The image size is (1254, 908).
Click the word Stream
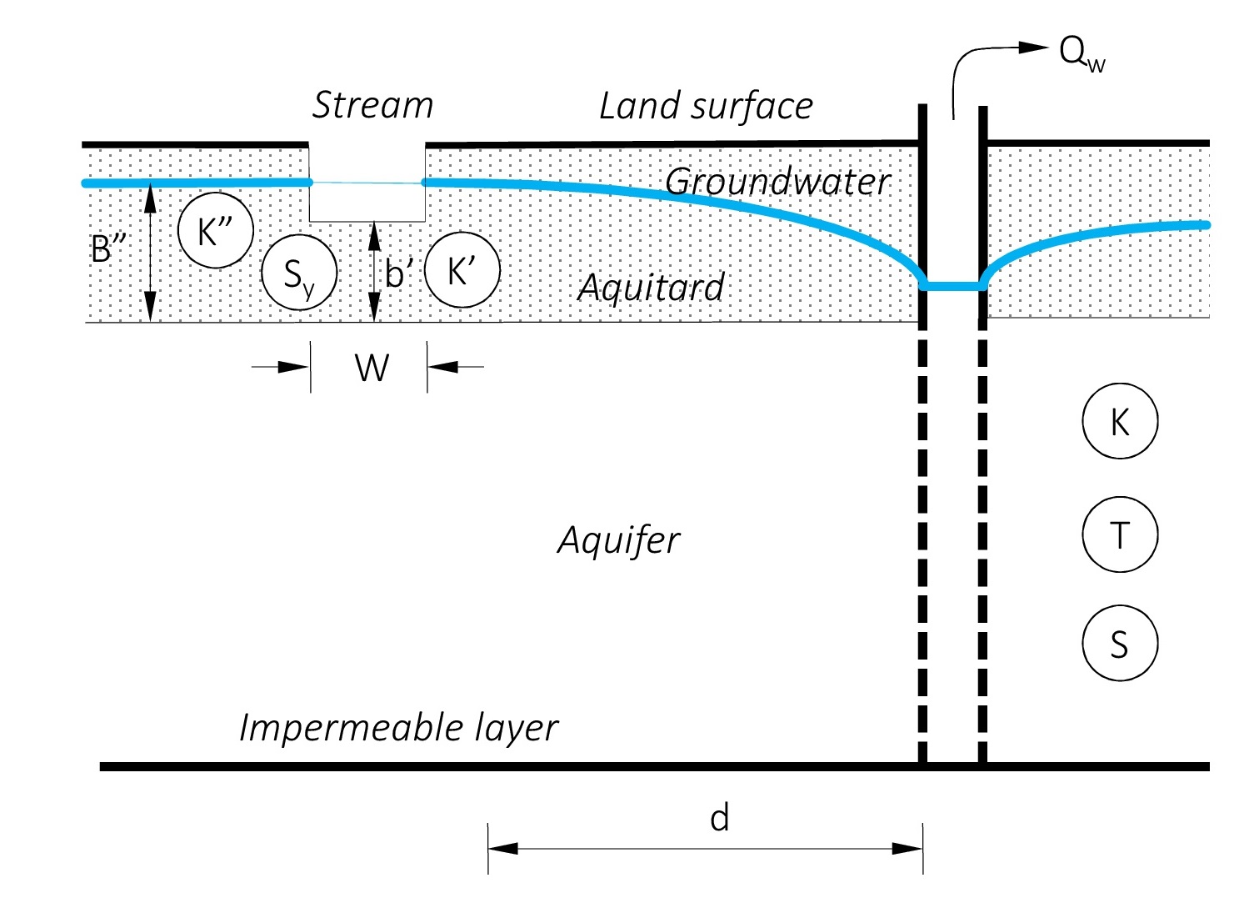coord(372,106)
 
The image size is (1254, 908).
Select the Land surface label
coord(706,107)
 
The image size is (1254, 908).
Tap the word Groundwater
coord(777,182)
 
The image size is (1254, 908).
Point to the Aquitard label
coord(652,288)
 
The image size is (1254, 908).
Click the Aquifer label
coord(619,540)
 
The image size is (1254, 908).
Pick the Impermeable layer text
coord(398,728)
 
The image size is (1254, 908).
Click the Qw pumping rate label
coord(1082,53)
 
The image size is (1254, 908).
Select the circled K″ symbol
coord(216,230)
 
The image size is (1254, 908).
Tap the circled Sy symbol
coord(299,273)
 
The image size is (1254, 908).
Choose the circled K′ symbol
coord(462,271)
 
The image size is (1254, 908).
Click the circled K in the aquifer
coord(1120,422)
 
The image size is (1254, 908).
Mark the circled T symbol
coord(1120,534)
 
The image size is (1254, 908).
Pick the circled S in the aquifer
coord(1120,644)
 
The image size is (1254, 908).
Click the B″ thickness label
coord(107,248)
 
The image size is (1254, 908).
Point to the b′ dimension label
coord(399,273)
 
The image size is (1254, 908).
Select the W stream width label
coord(372,368)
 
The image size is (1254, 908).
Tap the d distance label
coord(719,819)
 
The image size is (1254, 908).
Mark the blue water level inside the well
coord(952,286)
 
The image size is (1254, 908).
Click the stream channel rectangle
coord(367,202)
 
